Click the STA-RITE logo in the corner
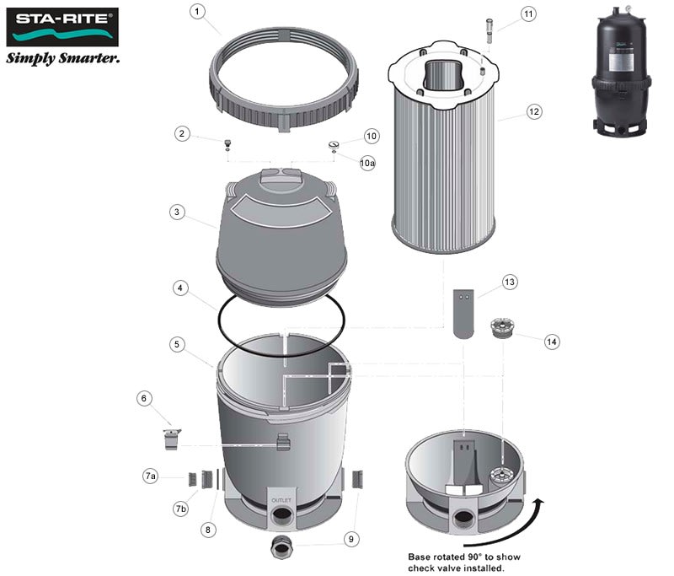[62, 27]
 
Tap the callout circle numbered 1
[197, 11]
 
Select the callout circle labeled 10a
[367, 163]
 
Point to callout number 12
[534, 112]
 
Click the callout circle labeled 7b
[181, 509]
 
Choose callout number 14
[552, 342]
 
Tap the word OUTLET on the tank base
[281, 500]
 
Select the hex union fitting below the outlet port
[281, 547]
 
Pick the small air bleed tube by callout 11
[489, 30]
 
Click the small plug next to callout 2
[227, 144]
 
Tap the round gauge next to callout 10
[334, 145]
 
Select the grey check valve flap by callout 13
[464, 314]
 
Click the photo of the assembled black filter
[622, 71]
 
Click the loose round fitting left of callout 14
[502, 328]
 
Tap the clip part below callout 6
[172, 439]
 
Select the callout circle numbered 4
[180, 288]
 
